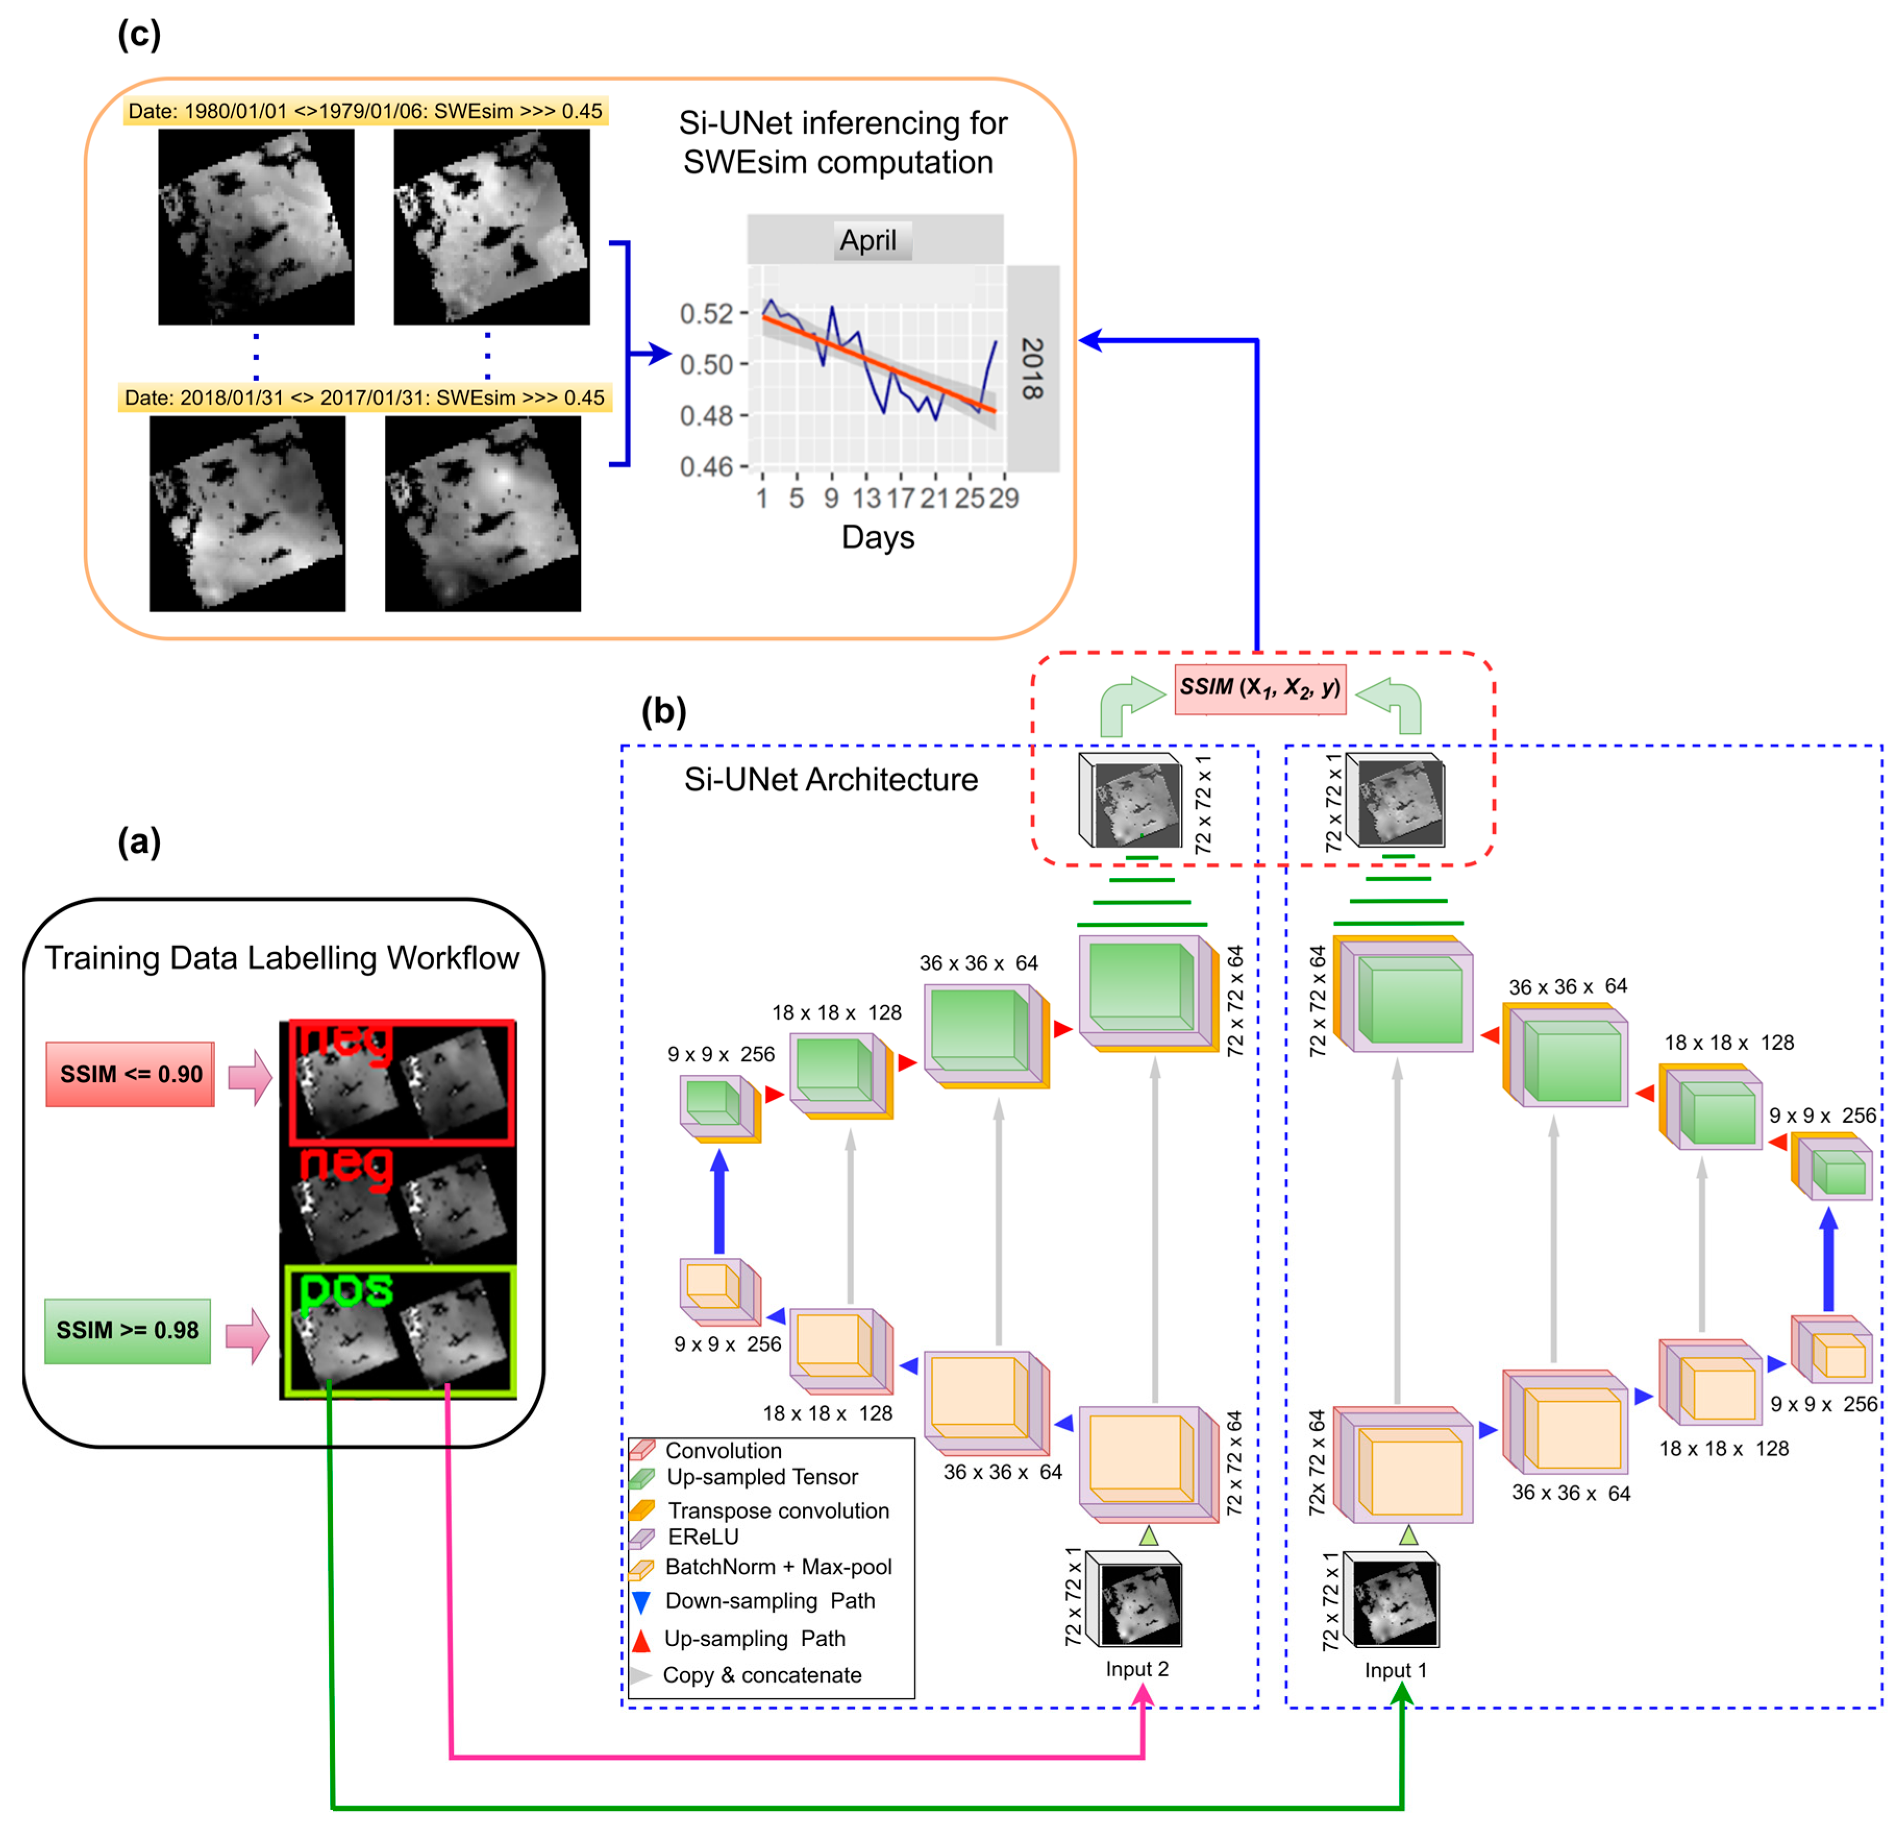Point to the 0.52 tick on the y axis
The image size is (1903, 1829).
click(x=706, y=314)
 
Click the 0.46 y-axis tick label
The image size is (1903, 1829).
click(x=706, y=467)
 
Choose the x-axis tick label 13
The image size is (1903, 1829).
click(x=866, y=498)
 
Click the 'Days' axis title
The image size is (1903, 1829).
click(x=878, y=537)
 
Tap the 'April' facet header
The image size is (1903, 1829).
click(x=868, y=240)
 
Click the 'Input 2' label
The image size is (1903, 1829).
click(x=1137, y=1669)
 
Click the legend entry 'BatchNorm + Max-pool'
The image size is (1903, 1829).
click(x=778, y=1567)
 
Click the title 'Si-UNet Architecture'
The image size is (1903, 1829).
click(x=831, y=779)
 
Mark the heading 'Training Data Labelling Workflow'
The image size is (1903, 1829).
click(x=281, y=958)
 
